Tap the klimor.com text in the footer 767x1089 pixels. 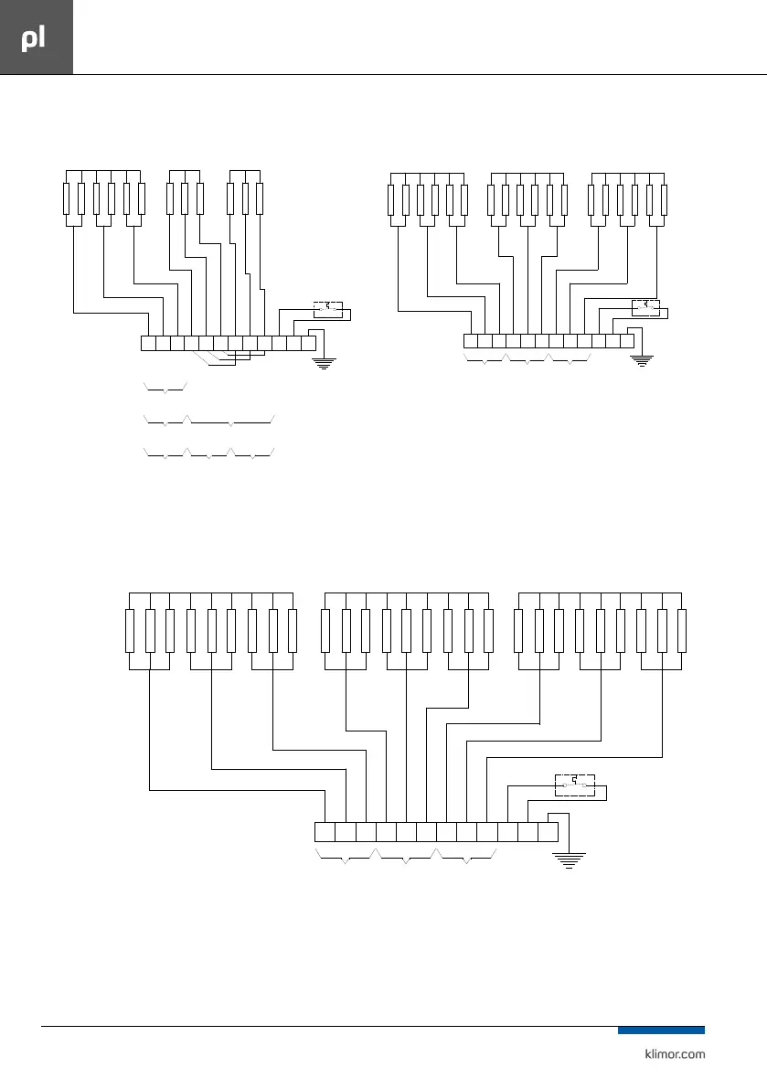coord(670,1053)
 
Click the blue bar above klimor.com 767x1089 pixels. coord(661,1030)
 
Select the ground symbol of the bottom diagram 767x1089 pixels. coord(569,859)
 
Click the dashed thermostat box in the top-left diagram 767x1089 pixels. coord(327,309)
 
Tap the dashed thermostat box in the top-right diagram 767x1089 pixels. coord(645,306)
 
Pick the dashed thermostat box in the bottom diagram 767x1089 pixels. coord(575,785)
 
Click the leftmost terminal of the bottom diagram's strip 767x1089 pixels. coord(325,832)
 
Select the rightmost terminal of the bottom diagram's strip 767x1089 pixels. coord(548,832)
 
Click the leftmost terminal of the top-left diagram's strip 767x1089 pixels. coord(149,344)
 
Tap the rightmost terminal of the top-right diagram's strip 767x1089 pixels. coord(626,341)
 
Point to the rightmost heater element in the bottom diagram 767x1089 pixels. coord(682,631)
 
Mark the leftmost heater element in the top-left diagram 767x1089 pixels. coord(67,199)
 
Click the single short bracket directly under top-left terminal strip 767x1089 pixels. coord(165,390)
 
